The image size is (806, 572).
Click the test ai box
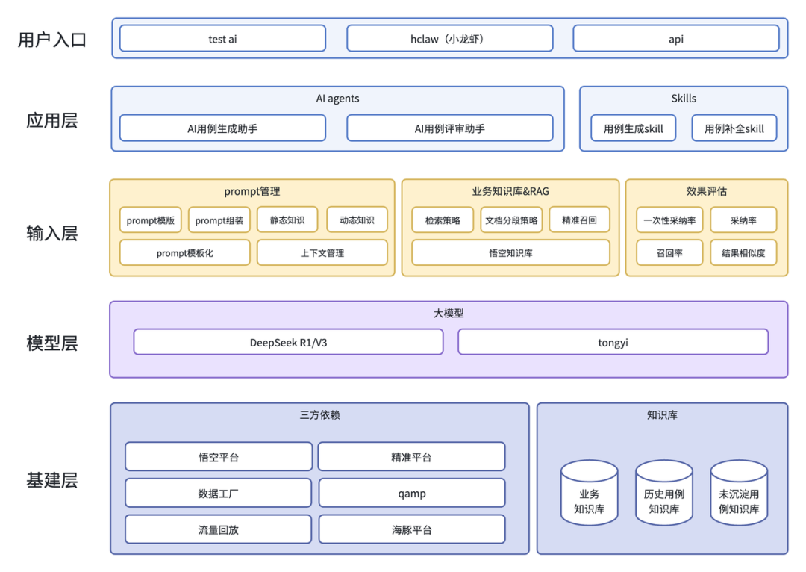tap(222, 39)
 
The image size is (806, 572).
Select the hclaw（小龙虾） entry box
tap(449, 39)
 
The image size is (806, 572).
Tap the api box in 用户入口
tap(675, 39)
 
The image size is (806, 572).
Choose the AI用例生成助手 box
tap(222, 128)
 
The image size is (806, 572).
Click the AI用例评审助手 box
tap(449, 128)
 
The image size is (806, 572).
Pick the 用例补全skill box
tap(734, 128)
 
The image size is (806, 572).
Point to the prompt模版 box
tap(150, 220)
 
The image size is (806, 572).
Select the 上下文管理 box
tap(322, 253)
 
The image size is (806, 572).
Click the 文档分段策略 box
tap(510, 220)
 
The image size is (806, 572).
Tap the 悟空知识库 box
tap(510, 253)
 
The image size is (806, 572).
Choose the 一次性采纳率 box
tap(669, 220)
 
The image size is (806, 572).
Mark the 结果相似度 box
tap(743, 253)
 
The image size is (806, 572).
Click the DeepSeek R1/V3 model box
tap(288, 343)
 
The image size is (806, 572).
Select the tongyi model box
tap(612, 343)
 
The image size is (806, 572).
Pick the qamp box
tap(411, 493)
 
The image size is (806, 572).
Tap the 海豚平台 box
tap(411, 529)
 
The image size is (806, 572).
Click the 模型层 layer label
tap(51, 343)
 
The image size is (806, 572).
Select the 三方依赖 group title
tap(319, 415)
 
